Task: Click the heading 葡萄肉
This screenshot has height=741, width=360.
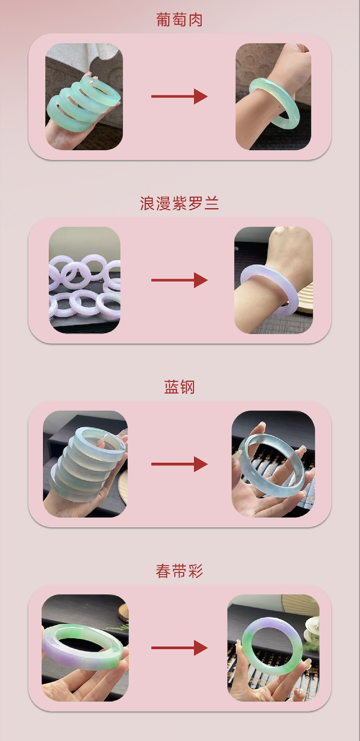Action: point(180,20)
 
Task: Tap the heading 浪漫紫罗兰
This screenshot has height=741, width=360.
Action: point(180,203)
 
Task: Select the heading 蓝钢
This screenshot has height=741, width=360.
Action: point(180,387)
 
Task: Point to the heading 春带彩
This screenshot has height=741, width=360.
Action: point(180,571)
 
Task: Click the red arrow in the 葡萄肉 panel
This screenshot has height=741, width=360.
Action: point(180,96)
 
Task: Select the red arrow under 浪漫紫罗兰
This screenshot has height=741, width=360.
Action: point(180,280)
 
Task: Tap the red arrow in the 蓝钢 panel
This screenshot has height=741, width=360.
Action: point(180,464)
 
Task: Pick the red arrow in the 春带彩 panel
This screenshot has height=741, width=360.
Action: point(180,648)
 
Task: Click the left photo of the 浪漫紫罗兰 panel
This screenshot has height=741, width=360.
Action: point(85,280)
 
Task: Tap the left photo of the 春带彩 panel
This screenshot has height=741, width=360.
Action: point(85,648)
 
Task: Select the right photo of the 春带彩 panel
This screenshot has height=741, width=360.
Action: point(273,648)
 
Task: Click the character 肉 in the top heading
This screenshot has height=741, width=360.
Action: point(195,20)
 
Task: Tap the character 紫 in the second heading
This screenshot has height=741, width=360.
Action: point(180,203)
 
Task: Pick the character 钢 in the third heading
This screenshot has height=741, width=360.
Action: point(187,387)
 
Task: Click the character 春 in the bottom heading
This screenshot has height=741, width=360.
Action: point(164,571)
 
